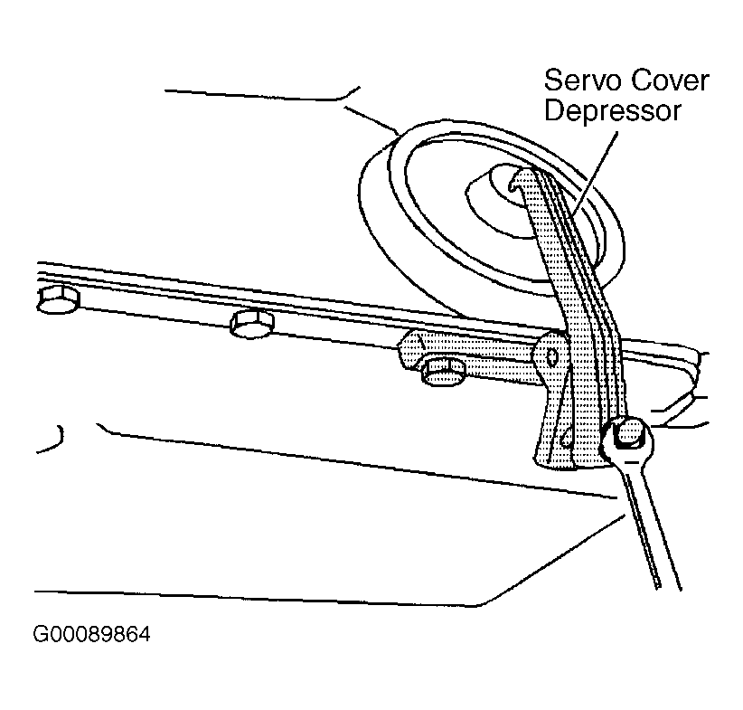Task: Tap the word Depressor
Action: [613, 112]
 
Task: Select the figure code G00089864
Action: [91, 635]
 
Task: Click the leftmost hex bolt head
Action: [58, 300]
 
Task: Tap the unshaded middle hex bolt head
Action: [251, 324]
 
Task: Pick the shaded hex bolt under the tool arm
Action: [444, 372]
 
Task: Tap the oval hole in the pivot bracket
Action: [552, 356]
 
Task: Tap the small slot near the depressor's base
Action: [566, 436]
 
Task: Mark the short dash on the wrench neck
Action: [632, 461]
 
